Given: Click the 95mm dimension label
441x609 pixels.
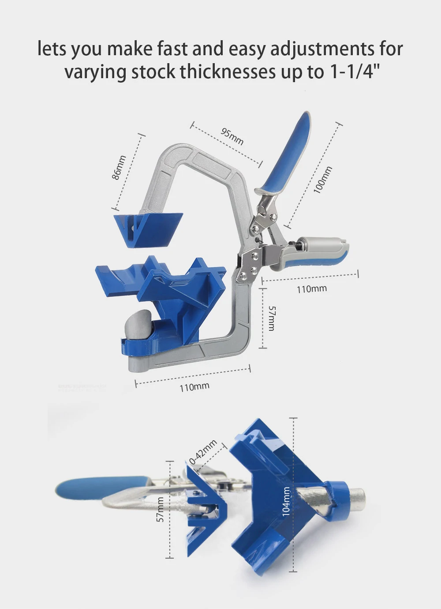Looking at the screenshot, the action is [x=232, y=136].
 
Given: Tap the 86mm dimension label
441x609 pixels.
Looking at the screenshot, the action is [x=119, y=167].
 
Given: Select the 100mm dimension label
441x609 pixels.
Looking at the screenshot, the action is [x=323, y=180].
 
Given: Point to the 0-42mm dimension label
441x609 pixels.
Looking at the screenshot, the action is [x=203, y=452].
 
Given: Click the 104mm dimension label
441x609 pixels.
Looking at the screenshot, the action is [x=286, y=502].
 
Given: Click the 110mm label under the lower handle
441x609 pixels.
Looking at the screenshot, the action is [x=311, y=289].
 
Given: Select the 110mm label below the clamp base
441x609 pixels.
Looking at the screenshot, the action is [x=194, y=387].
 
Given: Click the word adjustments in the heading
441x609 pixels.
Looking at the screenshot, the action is [x=322, y=49].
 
